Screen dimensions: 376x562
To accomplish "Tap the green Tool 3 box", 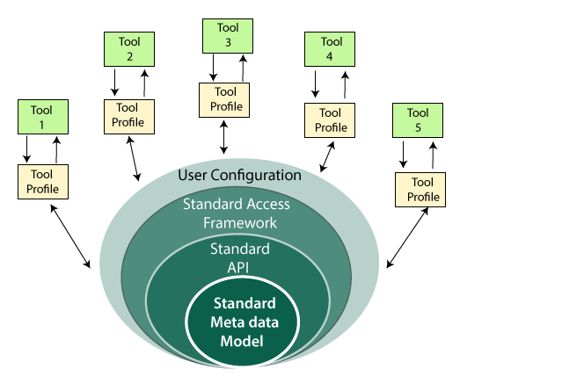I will tap(227, 36).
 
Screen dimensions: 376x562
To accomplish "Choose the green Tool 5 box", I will tap(418, 119).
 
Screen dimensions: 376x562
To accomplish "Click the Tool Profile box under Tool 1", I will tap(43, 181).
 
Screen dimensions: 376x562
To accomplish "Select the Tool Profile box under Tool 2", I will tap(129, 113).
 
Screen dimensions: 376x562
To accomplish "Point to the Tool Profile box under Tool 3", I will tap(225, 98).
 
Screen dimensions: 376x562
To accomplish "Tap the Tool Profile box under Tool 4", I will tap(332, 119).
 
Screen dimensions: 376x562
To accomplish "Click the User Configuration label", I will tap(239, 175).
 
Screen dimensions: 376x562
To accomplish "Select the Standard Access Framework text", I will tap(236, 213).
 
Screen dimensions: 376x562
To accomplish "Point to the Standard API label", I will tap(239, 257).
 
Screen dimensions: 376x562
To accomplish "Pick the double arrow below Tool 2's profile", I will tap(134, 157).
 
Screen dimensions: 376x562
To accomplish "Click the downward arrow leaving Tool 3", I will tap(213, 68).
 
